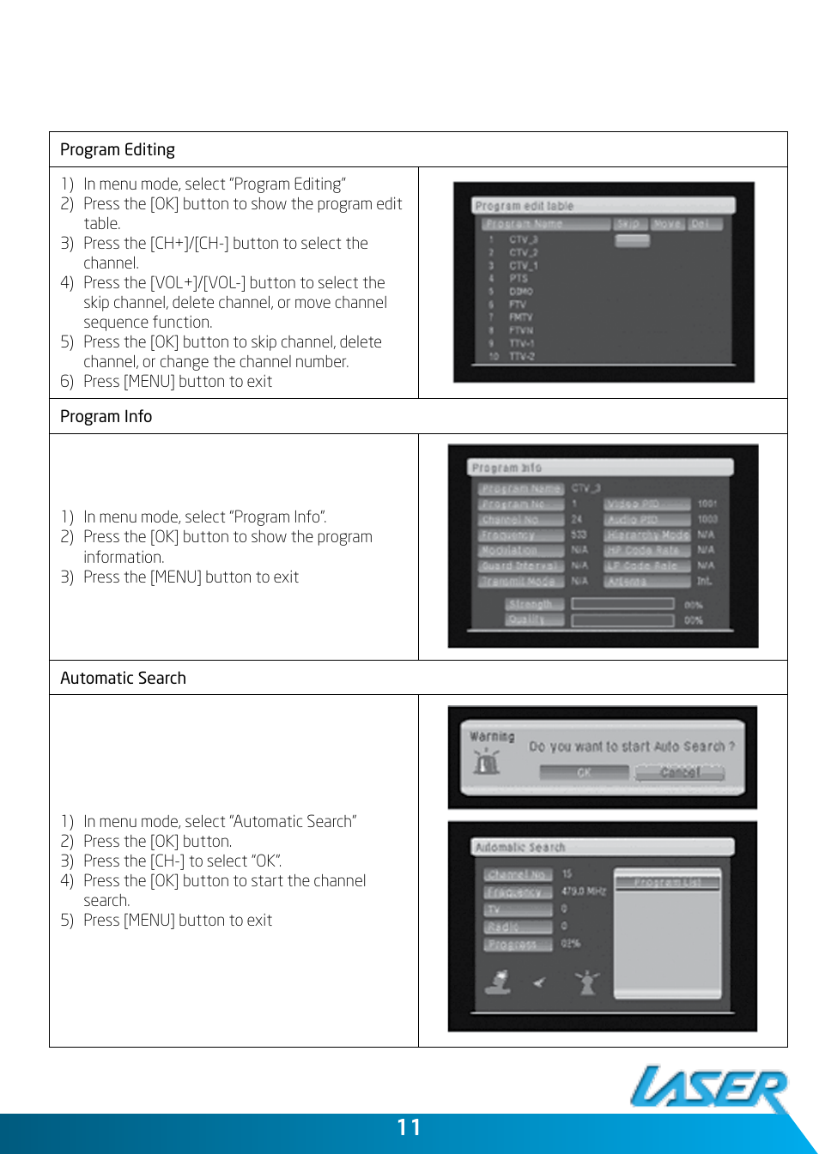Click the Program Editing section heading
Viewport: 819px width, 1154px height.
(x=118, y=150)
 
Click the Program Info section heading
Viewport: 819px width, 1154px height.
(x=106, y=417)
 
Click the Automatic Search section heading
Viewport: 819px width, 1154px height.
(x=123, y=679)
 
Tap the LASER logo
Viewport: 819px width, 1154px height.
(x=709, y=1088)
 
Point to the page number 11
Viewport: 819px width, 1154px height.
(x=409, y=1127)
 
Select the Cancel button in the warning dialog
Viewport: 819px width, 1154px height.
(x=679, y=773)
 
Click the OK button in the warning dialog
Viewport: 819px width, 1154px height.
(x=584, y=773)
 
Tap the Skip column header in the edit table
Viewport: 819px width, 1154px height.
(x=628, y=224)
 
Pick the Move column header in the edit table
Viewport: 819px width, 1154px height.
(x=667, y=224)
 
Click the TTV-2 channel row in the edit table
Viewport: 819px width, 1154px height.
(x=521, y=356)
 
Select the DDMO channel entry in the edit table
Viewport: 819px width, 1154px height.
(x=520, y=292)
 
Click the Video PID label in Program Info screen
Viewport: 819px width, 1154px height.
(x=646, y=504)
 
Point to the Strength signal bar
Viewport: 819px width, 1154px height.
(x=622, y=604)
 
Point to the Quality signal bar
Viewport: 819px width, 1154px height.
(x=622, y=620)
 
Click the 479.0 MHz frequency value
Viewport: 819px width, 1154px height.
(x=584, y=891)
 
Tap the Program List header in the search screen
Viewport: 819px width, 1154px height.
(x=668, y=882)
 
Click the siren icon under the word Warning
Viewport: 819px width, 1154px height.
(x=487, y=760)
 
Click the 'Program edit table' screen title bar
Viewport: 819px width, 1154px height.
(x=604, y=206)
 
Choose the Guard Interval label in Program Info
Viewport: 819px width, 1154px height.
(x=520, y=566)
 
